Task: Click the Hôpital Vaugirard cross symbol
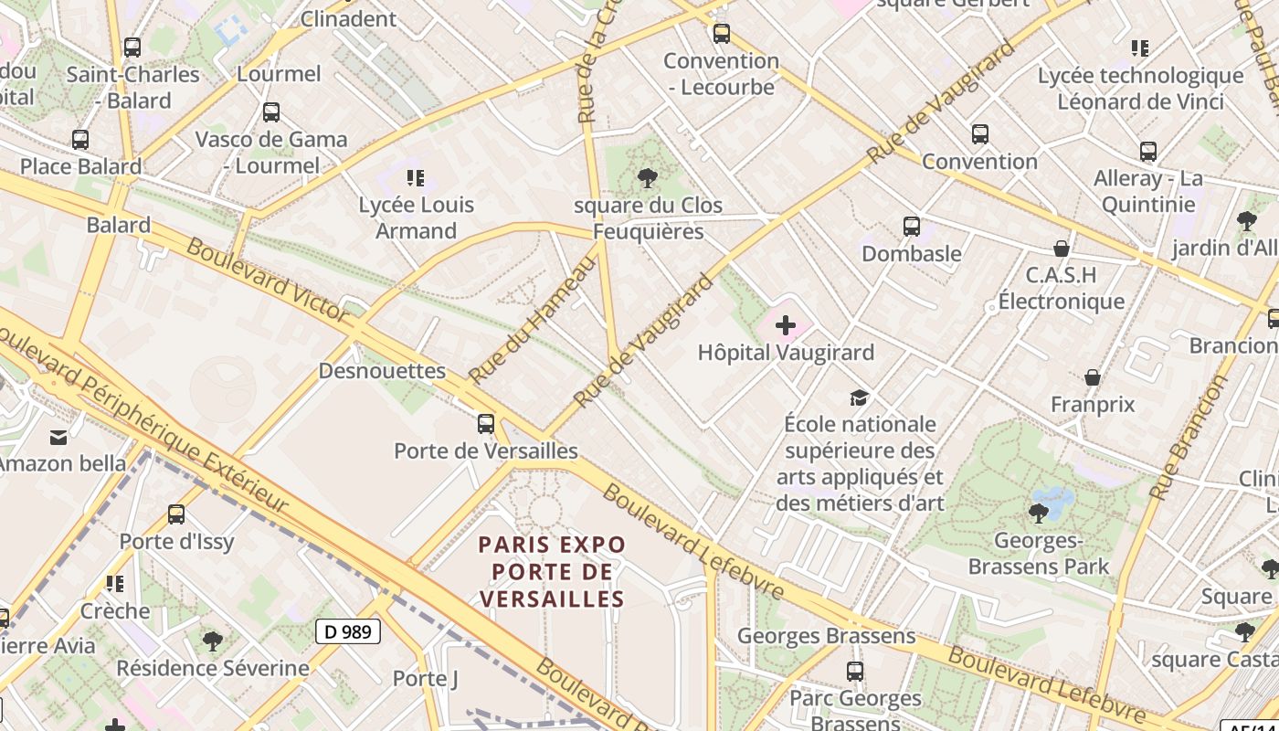(x=786, y=324)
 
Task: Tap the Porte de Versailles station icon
(x=486, y=424)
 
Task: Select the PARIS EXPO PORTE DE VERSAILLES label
(x=553, y=572)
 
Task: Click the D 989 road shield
(x=348, y=630)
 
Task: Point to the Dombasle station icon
(x=911, y=227)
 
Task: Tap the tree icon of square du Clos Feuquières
(x=648, y=178)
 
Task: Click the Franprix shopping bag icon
(x=1092, y=377)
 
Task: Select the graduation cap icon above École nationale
(x=859, y=397)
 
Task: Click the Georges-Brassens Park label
(x=1039, y=554)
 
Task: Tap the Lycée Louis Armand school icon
(x=416, y=178)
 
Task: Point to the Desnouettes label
(x=382, y=371)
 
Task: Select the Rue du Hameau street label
(x=532, y=320)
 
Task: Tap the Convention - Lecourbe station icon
(x=722, y=35)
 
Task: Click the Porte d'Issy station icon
(x=176, y=514)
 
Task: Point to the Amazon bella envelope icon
(x=58, y=437)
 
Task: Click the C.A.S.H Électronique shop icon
(x=1061, y=249)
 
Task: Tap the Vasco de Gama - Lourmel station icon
(x=271, y=112)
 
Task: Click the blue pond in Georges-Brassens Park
(x=1055, y=502)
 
